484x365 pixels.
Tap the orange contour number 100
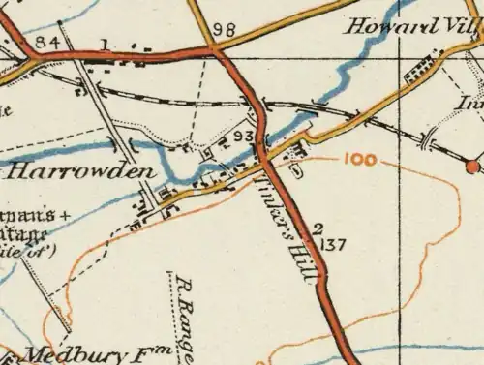click(359, 160)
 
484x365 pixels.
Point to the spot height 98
click(225, 31)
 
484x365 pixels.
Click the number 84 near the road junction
click(46, 44)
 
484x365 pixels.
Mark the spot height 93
click(244, 135)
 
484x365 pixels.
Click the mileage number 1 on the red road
click(104, 44)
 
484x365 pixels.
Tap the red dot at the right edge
click(472, 166)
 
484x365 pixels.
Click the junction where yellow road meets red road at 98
click(210, 51)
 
